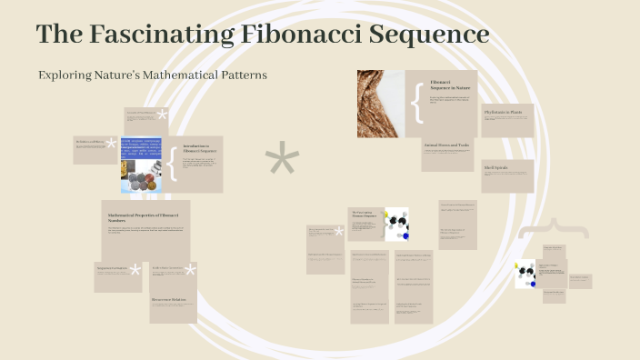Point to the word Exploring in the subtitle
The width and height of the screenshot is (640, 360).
64,75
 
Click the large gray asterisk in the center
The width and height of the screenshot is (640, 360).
282,162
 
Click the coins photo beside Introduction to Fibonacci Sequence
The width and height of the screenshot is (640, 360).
142,165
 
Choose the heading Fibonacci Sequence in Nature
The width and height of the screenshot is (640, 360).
443,85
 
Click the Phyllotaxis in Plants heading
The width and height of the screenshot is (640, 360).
504,112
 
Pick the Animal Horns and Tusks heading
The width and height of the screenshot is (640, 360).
446,145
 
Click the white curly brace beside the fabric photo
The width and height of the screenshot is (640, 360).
416,103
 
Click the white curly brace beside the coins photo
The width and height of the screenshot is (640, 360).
171,165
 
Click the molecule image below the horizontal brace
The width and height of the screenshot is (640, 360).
525,274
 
